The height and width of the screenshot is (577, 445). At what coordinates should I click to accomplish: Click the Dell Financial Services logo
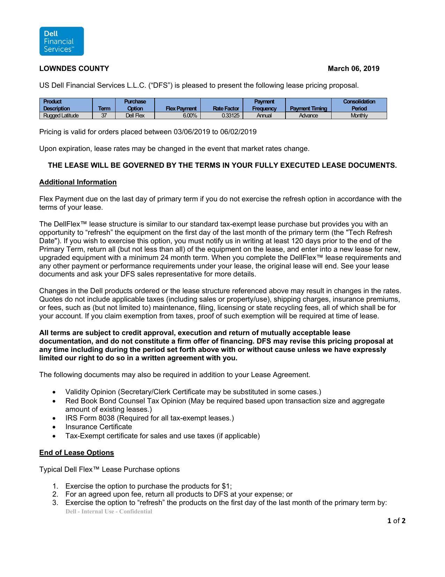coord(61,41)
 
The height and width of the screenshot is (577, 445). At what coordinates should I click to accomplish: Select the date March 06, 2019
coord(353,68)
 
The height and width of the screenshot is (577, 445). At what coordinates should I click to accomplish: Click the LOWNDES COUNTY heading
coord(74,68)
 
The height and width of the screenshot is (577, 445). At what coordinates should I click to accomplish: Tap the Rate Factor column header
coord(225,108)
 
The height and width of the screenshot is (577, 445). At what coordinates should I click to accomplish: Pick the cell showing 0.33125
coord(230,116)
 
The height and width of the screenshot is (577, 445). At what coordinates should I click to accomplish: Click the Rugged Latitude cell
coord(61,116)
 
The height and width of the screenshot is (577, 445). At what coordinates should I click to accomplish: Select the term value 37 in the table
coord(104,116)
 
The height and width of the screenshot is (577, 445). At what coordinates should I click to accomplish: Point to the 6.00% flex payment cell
coord(190,116)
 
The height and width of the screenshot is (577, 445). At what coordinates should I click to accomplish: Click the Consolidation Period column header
coord(359,105)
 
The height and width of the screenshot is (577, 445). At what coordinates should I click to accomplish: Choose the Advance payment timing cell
coord(308,116)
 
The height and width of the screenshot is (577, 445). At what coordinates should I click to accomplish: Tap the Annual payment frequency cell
coord(264,116)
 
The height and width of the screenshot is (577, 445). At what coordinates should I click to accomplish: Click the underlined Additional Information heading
coord(78,182)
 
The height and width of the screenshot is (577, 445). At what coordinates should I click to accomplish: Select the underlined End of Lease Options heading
coord(76,453)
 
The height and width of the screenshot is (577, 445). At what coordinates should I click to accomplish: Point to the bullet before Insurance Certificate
coord(54,427)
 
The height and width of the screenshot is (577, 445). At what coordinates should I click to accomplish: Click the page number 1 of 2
coord(396,521)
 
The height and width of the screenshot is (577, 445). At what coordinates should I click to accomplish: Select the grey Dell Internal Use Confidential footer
coord(109,512)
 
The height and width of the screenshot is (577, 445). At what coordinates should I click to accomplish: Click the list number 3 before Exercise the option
coord(55,503)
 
